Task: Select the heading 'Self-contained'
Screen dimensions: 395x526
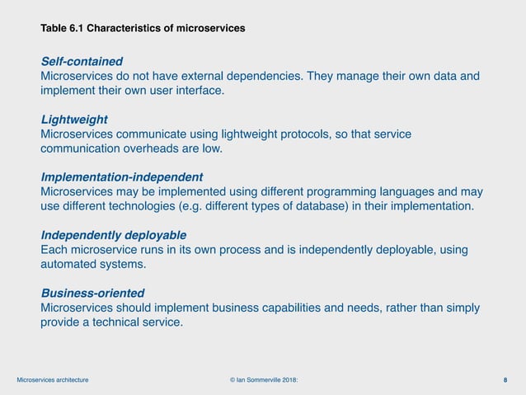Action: pos(82,61)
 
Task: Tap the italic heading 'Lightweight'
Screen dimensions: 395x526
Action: pos(74,119)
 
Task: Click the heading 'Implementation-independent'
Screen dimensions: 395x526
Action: pos(121,176)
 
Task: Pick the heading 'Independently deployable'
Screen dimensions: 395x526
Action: pos(113,234)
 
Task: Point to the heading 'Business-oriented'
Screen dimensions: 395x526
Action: pos(92,293)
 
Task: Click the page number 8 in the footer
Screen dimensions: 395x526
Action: pos(505,379)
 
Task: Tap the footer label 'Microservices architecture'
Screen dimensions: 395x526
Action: pos(53,379)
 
